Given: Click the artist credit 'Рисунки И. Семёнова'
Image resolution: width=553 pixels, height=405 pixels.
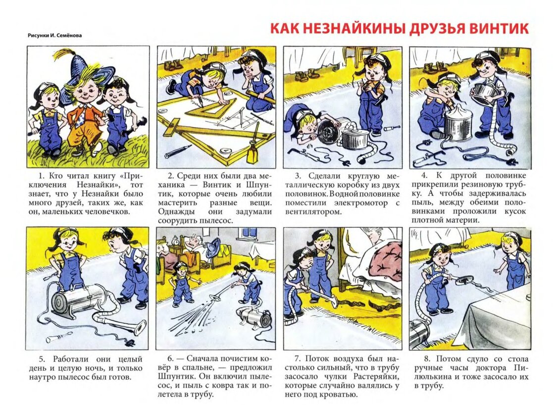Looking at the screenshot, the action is (x=54, y=35).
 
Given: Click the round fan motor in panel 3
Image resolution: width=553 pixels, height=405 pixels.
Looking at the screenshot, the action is (x=328, y=132).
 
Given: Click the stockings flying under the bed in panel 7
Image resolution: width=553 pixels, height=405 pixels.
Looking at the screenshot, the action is (x=352, y=303).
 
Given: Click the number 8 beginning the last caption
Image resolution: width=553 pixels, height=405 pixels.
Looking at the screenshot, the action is (x=427, y=359).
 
